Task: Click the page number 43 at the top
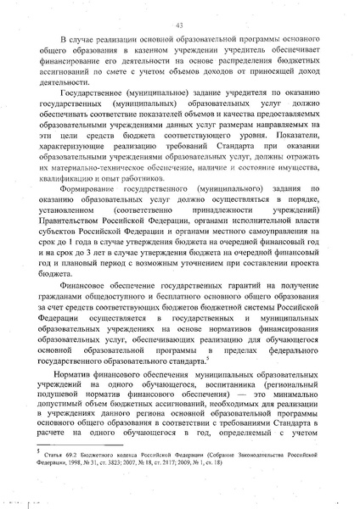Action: pyautogui.click(x=180, y=26)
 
